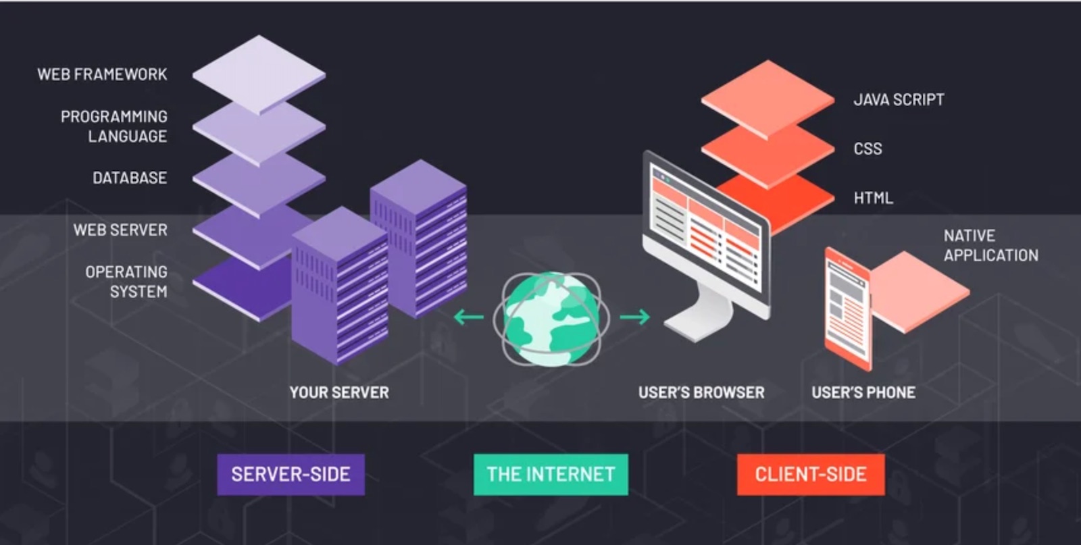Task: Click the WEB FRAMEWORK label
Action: coord(102,74)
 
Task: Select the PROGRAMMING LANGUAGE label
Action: coord(114,126)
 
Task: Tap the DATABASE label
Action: coord(130,178)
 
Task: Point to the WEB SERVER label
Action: coord(120,230)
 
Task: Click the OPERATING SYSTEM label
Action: coord(126,282)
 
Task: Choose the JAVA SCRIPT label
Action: coord(899,100)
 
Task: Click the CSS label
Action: coord(868,149)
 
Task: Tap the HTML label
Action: coord(873,199)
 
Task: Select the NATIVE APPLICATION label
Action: coord(990,246)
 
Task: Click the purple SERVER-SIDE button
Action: coord(291,474)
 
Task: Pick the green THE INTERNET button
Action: coord(551,474)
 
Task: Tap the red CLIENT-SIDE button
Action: coord(811,474)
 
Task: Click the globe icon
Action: coord(551,318)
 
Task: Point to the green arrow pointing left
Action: coord(468,316)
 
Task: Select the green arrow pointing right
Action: coord(634,316)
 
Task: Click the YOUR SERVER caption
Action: coord(339,392)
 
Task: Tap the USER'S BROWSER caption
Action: coord(701,392)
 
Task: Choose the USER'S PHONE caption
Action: coord(863,392)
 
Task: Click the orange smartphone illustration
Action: coord(848,309)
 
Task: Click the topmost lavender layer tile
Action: coord(259,73)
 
